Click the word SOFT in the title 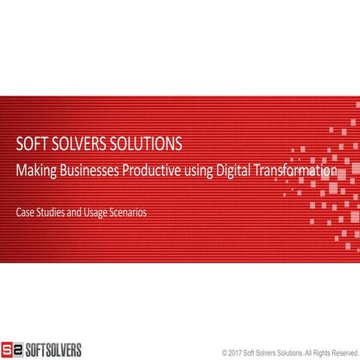(33, 144)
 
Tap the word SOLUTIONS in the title (151, 144)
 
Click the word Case (25, 212)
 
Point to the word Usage (100, 213)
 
